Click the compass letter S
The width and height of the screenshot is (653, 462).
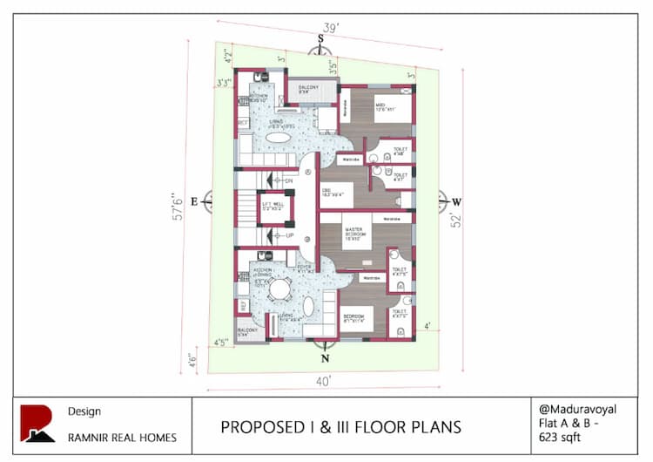(x=320, y=38)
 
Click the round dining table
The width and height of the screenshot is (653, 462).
(x=279, y=289)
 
